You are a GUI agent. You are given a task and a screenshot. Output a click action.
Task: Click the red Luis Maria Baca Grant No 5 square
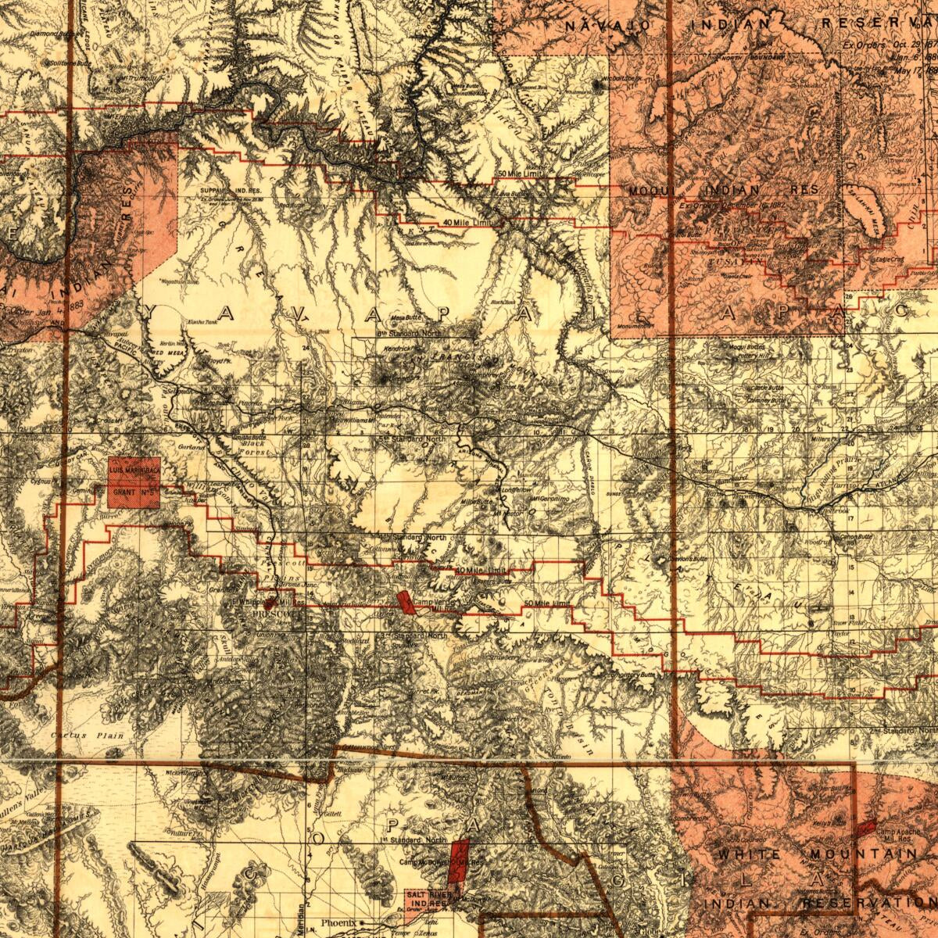(x=134, y=482)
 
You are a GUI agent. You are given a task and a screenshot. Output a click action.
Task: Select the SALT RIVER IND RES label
(x=427, y=899)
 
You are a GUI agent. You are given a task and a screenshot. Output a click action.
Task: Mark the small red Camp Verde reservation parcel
(x=405, y=603)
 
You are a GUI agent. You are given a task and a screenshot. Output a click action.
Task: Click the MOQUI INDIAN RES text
(x=724, y=190)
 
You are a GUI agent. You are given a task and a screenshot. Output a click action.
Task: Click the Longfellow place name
(x=515, y=490)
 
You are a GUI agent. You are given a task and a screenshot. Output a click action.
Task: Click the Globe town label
(x=649, y=932)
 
